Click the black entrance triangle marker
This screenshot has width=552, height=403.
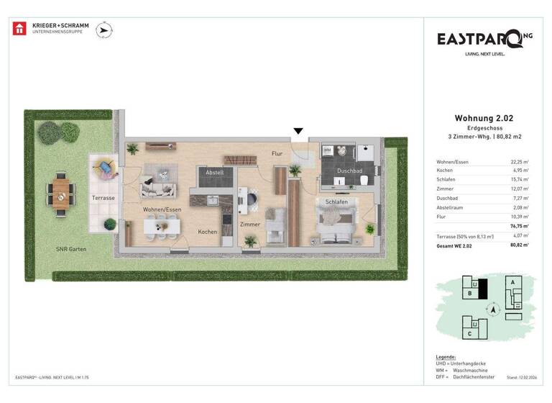coord(298,131)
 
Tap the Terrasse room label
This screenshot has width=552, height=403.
coord(103,197)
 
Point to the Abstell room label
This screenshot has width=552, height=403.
coord(215,173)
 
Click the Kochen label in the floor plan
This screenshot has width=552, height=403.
coord(208,232)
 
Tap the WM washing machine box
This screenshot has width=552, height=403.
coord(327,150)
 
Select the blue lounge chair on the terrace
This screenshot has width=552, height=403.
coord(106,169)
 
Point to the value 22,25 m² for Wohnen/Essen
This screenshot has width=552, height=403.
coord(520,163)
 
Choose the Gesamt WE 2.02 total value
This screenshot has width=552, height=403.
coord(520,245)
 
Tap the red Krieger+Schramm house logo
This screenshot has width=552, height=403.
coord(19,29)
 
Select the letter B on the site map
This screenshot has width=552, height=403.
coord(469,294)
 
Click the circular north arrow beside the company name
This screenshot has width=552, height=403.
coord(105,30)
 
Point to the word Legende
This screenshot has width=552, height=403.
coord(446,357)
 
